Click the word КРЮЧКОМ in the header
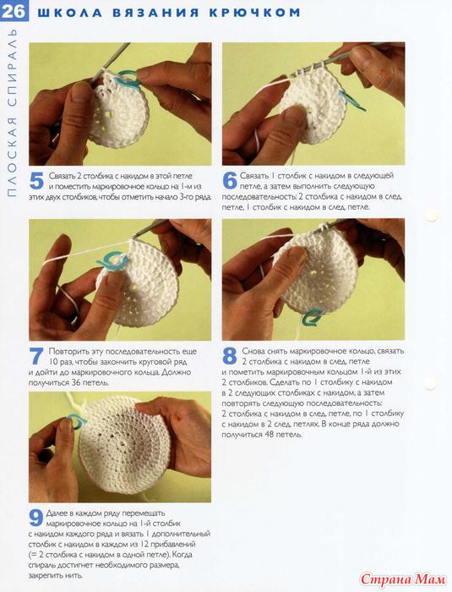[x=254, y=13]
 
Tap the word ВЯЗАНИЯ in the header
[x=155, y=13]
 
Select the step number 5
[x=36, y=181]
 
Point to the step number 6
[x=230, y=181]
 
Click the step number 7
[x=36, y=356]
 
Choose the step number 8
[x=230, y=356]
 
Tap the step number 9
[x=35, y=518]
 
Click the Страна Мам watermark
[x=402, y=579]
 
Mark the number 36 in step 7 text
[x=76, y=382]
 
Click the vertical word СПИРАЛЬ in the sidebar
[x=12, y=66]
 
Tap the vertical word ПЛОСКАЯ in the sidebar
[x=12, y=155]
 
